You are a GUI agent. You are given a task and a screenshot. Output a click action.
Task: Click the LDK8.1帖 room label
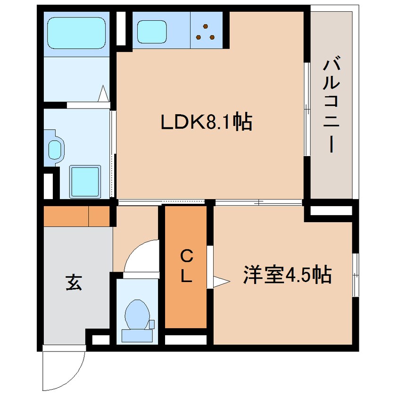point(207,124)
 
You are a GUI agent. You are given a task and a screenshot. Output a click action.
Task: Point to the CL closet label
point(187,266)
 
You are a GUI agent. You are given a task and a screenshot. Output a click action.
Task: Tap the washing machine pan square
point(85,182)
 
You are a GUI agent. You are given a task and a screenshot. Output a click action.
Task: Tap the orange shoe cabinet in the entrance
point(76,216)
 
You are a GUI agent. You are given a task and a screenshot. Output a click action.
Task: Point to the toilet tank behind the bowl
point(137,335)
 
